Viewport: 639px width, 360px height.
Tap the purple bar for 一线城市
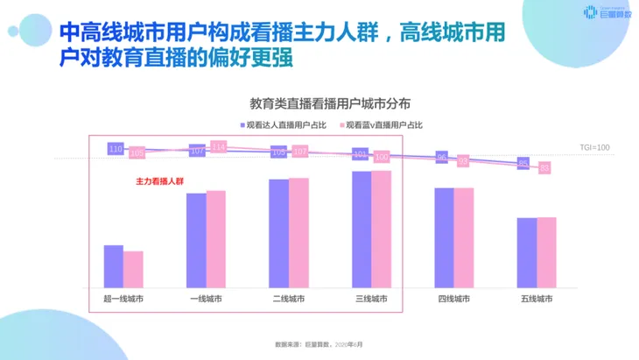coord(196,240)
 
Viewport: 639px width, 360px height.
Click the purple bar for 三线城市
coord(361,229)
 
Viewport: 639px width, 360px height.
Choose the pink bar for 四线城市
coord(464,237)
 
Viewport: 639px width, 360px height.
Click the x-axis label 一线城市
coord(206,300)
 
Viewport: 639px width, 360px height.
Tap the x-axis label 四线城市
coord(453,300)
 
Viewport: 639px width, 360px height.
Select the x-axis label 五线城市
coord(537,300)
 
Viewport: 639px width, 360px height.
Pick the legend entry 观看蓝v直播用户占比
coord(383,125)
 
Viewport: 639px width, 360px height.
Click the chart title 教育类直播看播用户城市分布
coord(319,103)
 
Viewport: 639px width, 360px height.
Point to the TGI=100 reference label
coord(594,147)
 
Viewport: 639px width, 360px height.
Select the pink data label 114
coord(219,146)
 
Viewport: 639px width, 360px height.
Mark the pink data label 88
coord(544,167)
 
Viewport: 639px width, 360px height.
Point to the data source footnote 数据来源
coord(318,344)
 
